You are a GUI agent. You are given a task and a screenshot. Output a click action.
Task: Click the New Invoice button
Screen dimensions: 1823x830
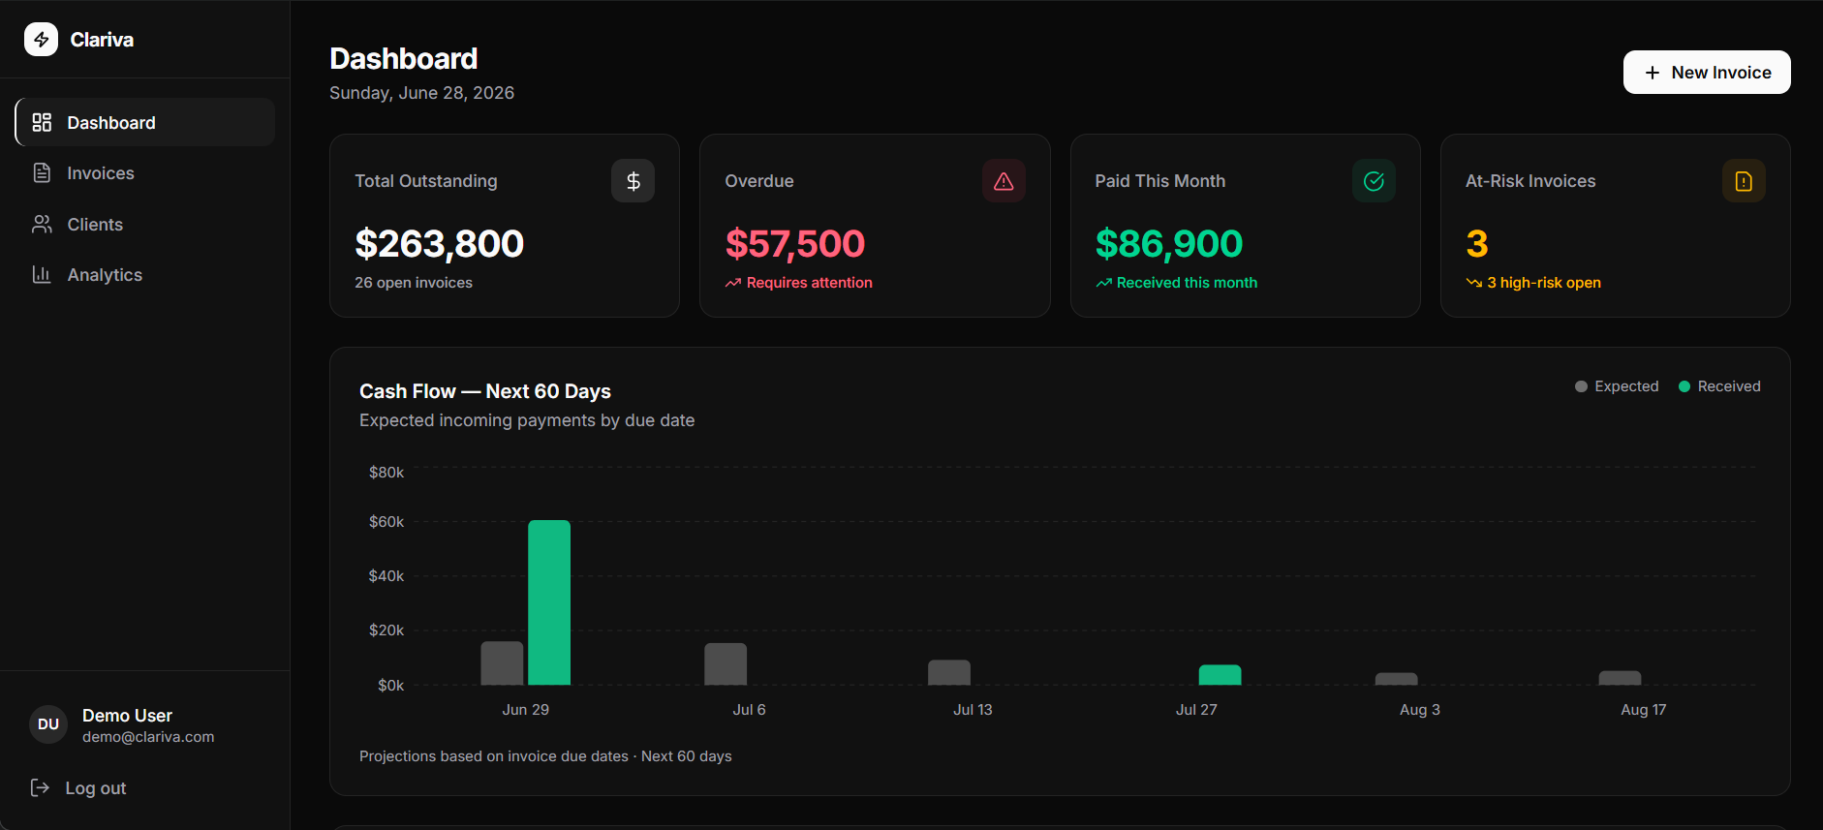coord(1707,73)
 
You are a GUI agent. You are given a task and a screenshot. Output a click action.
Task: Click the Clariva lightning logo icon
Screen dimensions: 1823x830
coord(41,40)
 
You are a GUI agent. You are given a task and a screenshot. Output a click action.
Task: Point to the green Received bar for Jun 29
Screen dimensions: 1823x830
coord(549,602)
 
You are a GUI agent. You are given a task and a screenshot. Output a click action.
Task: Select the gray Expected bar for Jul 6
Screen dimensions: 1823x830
coord(726,664)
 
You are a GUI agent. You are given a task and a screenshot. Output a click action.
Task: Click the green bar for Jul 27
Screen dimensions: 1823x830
coord(1220,675)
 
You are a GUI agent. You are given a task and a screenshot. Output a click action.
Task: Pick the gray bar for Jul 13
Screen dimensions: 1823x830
coord(949,672)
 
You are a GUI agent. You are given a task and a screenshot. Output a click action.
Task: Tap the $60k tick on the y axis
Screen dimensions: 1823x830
coord(386,522)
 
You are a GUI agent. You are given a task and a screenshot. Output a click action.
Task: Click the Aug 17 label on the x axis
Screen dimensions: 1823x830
coord(1644,710)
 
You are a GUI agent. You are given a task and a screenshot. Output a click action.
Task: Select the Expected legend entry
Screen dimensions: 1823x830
coord(1617,386)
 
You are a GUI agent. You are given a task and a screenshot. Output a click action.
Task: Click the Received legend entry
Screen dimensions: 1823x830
coord(1719,386)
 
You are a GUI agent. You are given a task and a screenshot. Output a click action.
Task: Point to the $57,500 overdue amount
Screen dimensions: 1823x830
coord(795,244)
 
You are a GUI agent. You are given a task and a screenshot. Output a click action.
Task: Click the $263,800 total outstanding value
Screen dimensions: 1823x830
coord(440,244)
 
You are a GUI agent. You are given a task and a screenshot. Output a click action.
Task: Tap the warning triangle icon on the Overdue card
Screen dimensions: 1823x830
coord(1004,181)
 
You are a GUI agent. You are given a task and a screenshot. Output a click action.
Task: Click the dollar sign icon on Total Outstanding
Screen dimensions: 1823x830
coord(633,181)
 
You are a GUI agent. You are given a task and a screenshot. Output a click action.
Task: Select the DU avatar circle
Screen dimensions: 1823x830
coord(48,724)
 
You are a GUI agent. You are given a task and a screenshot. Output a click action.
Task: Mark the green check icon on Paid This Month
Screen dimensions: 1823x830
coord(1374,181)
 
